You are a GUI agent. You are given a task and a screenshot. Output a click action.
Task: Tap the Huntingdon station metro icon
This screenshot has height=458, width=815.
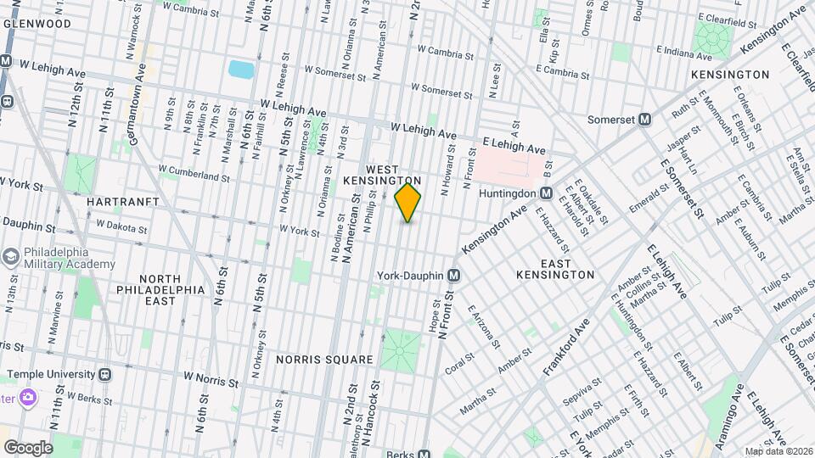[x=547, y=193]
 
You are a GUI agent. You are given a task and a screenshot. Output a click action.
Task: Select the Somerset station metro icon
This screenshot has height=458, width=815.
[x=644, y=120]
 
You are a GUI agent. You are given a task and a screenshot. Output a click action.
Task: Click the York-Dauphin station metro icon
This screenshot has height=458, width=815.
[x=454, y=276]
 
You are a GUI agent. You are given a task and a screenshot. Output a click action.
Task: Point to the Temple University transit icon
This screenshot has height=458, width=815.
[x=104, y=373]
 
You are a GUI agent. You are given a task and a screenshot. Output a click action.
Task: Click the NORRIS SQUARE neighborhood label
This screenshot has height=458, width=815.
[x=324, y=360]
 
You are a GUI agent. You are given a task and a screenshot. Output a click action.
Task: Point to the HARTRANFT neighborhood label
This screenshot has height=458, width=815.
[x=118, y=202]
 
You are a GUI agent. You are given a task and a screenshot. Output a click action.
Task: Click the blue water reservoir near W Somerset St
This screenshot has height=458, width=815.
[x=241, y=70]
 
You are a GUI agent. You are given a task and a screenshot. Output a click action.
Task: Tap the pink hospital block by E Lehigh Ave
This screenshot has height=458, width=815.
[x=509, y=162]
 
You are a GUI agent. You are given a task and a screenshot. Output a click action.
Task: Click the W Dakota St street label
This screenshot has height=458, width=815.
[x=122, y=226]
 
